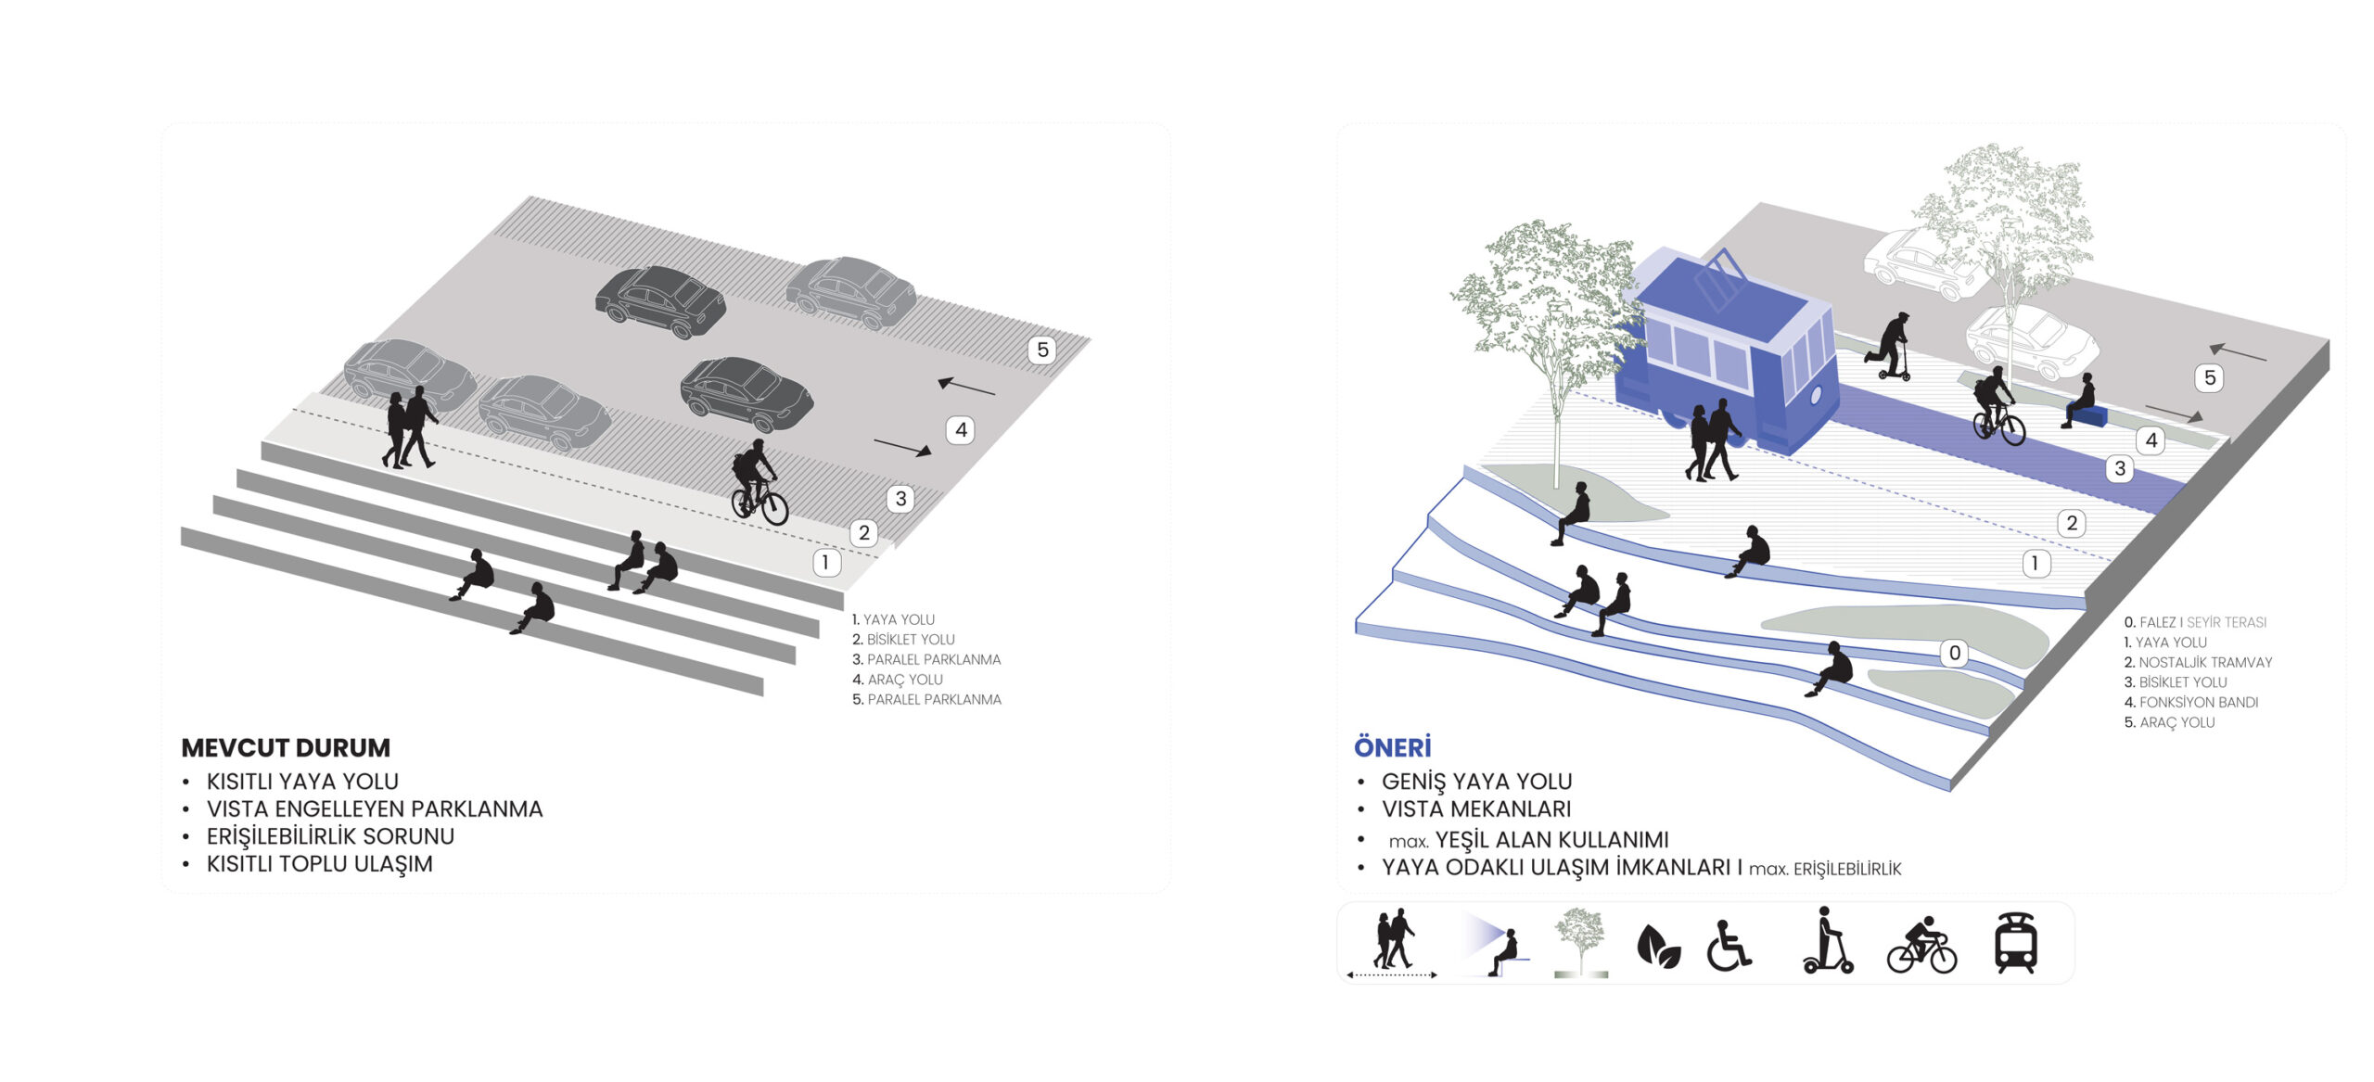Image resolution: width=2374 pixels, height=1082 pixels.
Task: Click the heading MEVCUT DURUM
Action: pyautogui.click(x=286, y=747)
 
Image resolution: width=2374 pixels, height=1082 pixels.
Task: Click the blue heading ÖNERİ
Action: pyautogui.click(x=1392, y=746)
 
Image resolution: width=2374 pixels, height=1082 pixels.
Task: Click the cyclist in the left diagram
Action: pyautogui.click(x=759, y=482)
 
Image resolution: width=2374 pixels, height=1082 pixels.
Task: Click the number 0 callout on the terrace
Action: pyautogui.click(x=1954, y=653)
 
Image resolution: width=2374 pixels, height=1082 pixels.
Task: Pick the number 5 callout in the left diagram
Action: pyautogui.click(x=1042, y=350)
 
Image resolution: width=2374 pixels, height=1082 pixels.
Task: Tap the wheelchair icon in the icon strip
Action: pyautogui.click(x=1729, y=946)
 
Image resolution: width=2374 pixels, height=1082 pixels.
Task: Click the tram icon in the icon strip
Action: pyautogui.click(x=2016, y=943)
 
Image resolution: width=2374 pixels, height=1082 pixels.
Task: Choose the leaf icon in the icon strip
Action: pyautogui.click(x=1658, y=947)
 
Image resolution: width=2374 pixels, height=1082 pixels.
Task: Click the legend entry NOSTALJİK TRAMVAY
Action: pyautogui.click(x=2198, y=662)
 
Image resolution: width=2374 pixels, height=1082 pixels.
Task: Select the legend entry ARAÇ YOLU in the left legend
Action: pyautogui.click(x=897, y=680)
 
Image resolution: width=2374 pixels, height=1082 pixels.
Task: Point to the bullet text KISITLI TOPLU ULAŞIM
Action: pyautogui.click(x=319, y=864)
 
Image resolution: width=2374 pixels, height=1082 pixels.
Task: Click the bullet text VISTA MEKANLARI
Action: pyautogui.click(x=1476, y=809)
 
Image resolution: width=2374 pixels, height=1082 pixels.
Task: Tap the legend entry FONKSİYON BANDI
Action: pyautogui.click(x=2190, y=702)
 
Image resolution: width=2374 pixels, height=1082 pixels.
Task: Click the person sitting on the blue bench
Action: pyautogui.click(x=2079, y=400)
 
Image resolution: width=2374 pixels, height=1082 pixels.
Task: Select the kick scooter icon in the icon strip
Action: pyautogui.click(x=1827, y=940)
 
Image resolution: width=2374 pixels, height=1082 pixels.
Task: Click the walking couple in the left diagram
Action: pyautogui.click(x=409, y=427)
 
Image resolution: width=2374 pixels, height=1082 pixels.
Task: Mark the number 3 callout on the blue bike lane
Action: pyautogui.click(x=2119, y=468)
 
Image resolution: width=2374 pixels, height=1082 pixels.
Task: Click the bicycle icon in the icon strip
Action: pyautogui.click(x=1921, y=946)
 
